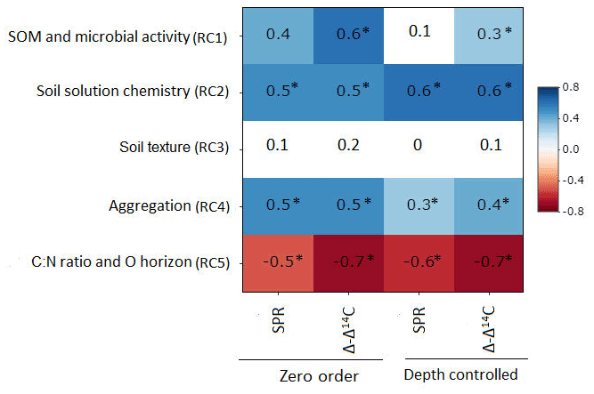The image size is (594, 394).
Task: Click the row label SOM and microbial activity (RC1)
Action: (x=117, y=37)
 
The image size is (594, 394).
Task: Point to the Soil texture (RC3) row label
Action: (x=174, y=147)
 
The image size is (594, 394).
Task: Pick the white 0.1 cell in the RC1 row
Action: (x=418, y=32)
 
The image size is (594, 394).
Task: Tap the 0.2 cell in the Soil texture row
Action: (x=346, y=146)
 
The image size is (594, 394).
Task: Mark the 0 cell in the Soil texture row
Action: (x=418, y=146)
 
